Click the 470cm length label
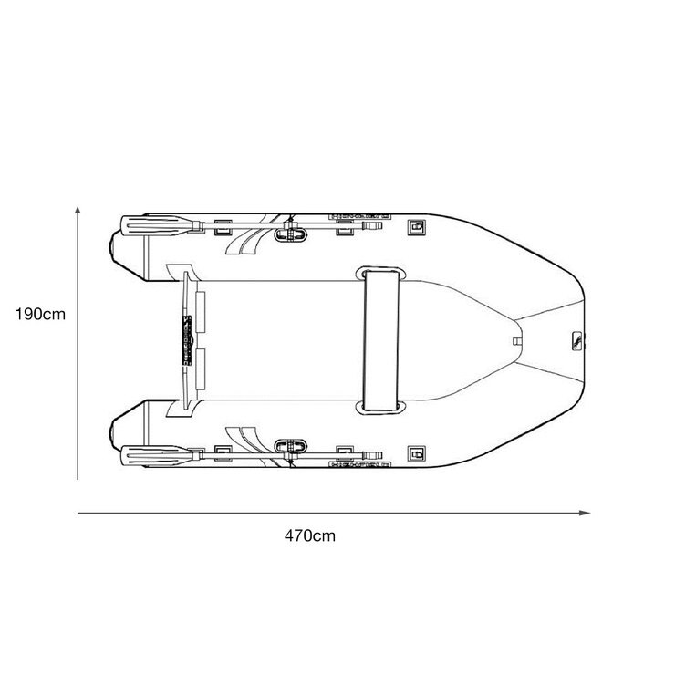click(x=308, y=535)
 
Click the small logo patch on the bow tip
click(x=576, y=341)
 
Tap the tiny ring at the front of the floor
click(x=516, y=342)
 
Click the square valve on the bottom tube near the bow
click(x=417, y=452)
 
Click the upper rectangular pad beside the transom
click(x=202, y=310)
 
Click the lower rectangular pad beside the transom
click(x=202, y=369)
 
